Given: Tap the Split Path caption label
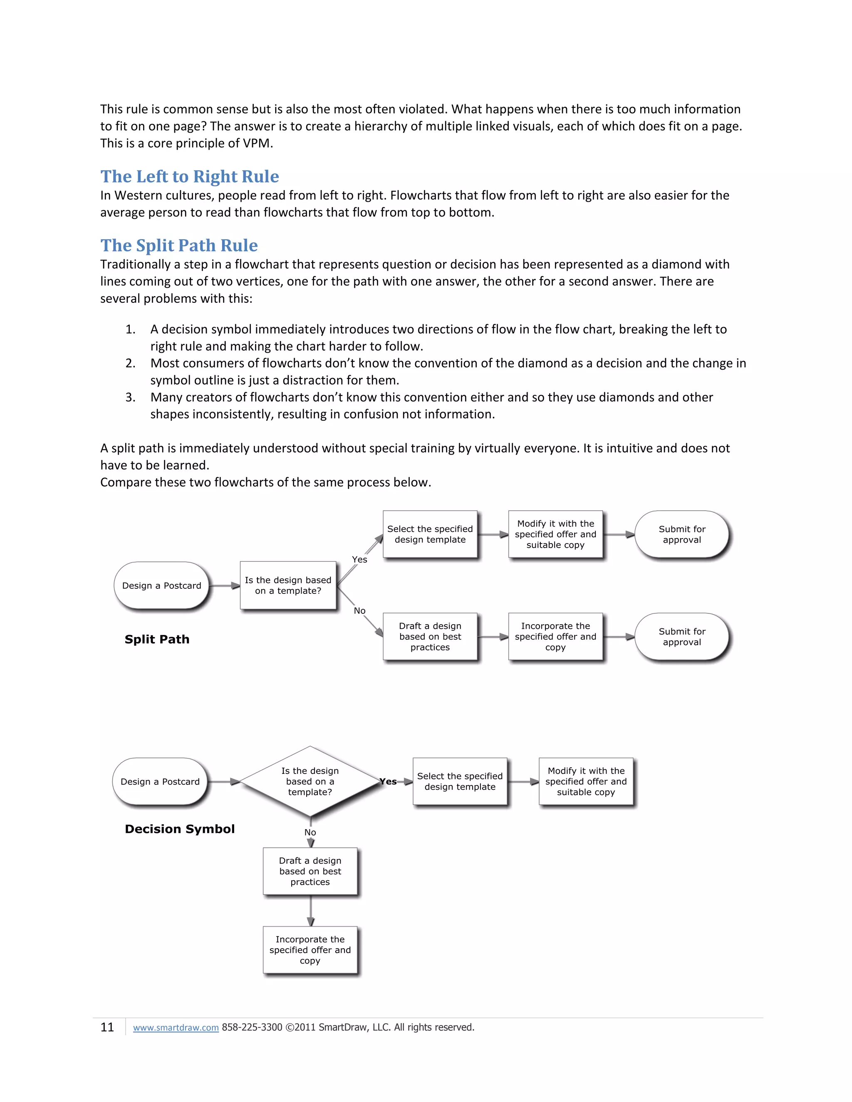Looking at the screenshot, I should (157, 639).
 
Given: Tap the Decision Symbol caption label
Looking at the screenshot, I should (180, 829).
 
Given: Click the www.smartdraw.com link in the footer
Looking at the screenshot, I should (176, 1027).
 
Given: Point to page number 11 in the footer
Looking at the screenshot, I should (107, 1027).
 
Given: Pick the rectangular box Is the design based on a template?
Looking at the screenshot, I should (288, 586).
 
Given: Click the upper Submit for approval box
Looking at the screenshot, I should (681, 534).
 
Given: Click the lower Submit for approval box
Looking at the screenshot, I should (681, 637).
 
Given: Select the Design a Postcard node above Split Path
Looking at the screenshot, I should (161, 586).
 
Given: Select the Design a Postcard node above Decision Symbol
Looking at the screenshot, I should (160, 782).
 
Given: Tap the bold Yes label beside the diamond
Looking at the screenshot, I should (388, 782).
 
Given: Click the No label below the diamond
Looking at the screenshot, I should (310, 833).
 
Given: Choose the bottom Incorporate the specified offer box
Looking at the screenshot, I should (310, 950).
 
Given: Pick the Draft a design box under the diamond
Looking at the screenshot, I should (310, 871).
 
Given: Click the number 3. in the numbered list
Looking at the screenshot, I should (130, 397).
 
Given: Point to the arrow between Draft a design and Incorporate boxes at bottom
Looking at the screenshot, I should (310, 911).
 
